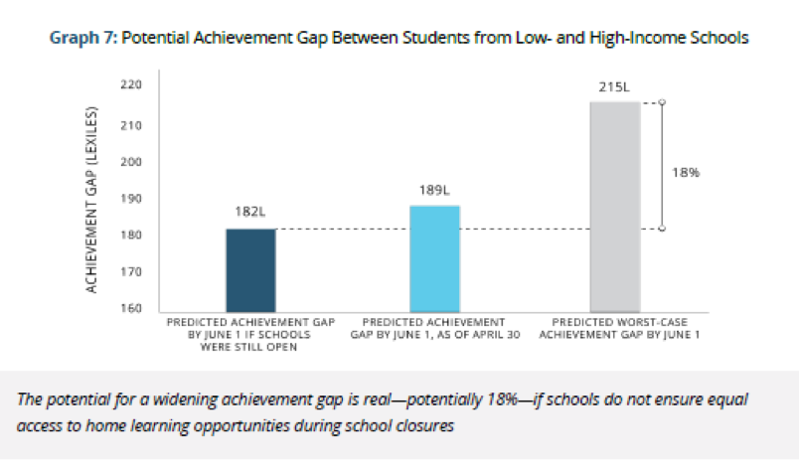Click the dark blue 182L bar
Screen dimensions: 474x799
coord(250,270)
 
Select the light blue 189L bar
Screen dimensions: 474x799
coord(435,259)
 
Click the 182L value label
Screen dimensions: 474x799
coord(250,214)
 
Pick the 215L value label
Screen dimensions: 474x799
coord(614,87)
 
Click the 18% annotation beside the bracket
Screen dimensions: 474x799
coord(685,172)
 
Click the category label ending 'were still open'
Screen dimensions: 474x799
coord(249,334)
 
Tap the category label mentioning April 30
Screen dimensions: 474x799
coord(434,329)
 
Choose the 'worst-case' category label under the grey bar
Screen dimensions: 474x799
coord(617,329)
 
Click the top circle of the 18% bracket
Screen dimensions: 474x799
coord(663,101)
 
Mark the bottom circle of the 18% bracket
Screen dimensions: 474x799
coord(663,230)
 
